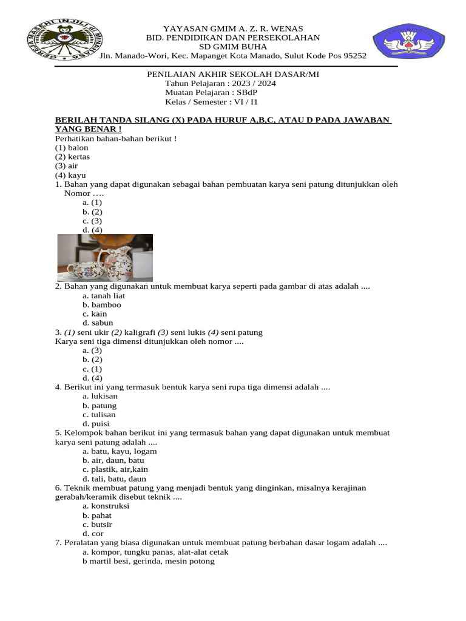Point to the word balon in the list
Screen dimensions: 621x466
(78, 147)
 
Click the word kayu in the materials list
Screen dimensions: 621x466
(78, 175)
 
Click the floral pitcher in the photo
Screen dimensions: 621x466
(116, 260)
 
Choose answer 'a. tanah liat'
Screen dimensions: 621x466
(104, 295)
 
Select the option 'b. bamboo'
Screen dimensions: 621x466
(102, 304)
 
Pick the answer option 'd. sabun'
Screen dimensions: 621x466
(98, 323)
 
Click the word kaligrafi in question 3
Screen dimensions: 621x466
(140, 332)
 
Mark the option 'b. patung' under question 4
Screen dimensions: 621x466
(100, 405)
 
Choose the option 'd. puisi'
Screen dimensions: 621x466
(96, 423)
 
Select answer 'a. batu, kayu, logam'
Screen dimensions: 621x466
(120, 451)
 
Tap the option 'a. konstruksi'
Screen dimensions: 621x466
(106, 506)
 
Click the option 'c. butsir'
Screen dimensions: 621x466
(98, 524)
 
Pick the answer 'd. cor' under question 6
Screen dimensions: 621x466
(93, 533)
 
